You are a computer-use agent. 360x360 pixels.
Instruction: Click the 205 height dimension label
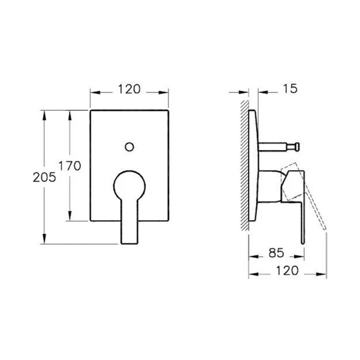tap(44, 177)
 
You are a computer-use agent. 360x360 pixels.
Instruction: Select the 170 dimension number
tap(70, 166)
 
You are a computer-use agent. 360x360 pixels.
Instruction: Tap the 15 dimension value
tap(290, 89)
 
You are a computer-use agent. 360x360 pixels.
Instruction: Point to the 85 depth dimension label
tap(276, 253)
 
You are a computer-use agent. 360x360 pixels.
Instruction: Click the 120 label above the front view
tap(129, 89)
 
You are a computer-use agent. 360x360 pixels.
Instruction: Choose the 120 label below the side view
tap(287, 271)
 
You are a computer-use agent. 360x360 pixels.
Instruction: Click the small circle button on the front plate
tap(130, 147)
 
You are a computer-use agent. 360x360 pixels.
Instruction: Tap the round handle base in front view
tap(130, 185)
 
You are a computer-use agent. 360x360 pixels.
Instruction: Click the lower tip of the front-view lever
tap(130, 243)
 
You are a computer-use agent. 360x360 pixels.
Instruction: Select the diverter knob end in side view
tap(297, 147)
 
